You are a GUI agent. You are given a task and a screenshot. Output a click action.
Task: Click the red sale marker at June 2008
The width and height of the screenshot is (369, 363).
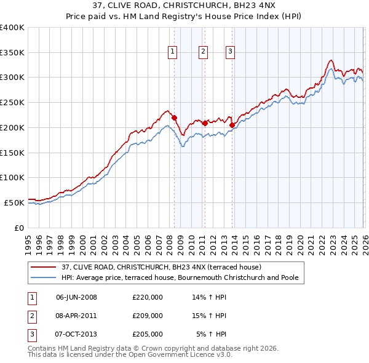[174, 118]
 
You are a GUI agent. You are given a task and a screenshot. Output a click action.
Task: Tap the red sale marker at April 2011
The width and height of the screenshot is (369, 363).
[205, 123]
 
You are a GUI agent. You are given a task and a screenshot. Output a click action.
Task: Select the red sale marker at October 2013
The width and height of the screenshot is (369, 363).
[232, 125]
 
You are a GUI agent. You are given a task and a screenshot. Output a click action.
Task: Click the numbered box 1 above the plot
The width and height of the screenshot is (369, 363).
[173, 52]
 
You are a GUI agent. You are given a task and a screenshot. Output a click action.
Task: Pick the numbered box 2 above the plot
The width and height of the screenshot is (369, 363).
[202, 52]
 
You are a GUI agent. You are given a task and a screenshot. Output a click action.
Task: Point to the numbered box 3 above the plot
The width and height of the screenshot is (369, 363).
[230, 52]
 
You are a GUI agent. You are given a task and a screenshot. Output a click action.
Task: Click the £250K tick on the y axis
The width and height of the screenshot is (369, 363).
[12, 102]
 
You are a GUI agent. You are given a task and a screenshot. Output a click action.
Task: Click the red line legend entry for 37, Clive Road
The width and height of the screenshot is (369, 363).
[161, 267]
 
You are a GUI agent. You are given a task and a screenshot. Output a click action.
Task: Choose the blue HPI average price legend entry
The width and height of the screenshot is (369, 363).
[180, 277]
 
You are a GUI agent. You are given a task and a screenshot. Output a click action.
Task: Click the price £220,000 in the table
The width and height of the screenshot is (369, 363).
[148, 297]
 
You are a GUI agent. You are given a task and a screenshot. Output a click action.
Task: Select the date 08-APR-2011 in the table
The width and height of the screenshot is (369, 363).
[76, 316]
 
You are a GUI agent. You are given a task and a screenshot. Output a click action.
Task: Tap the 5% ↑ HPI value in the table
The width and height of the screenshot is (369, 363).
[212, 334]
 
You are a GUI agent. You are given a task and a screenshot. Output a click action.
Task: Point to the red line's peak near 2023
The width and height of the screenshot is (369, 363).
[331, 60]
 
